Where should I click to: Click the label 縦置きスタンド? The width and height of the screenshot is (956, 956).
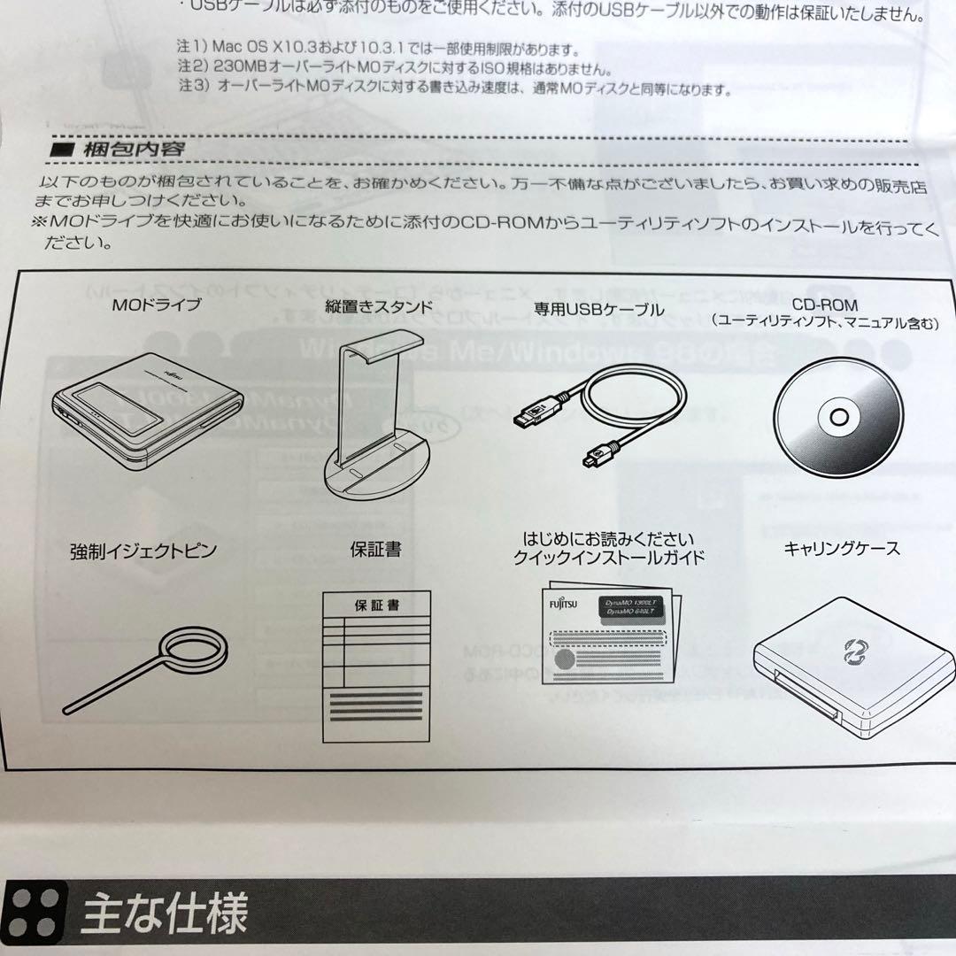click(378, 308)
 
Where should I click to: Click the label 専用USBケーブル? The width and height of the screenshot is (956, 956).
click(598, 309)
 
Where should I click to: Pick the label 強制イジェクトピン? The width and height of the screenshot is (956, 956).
click(143, 551)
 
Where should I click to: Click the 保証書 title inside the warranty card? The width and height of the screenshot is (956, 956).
click(376, 606)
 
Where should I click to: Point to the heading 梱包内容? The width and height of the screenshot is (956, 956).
click(133, 149)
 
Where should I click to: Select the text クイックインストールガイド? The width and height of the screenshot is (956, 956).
click(609, 558)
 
